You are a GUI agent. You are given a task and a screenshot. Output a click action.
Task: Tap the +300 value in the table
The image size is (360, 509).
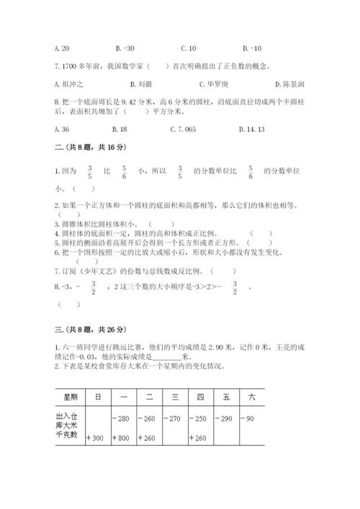[x=96, y=437]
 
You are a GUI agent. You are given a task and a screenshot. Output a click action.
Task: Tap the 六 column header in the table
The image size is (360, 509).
[x=251, y=397]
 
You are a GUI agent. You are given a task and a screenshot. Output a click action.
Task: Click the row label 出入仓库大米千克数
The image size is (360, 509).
[x=69, y=427]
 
